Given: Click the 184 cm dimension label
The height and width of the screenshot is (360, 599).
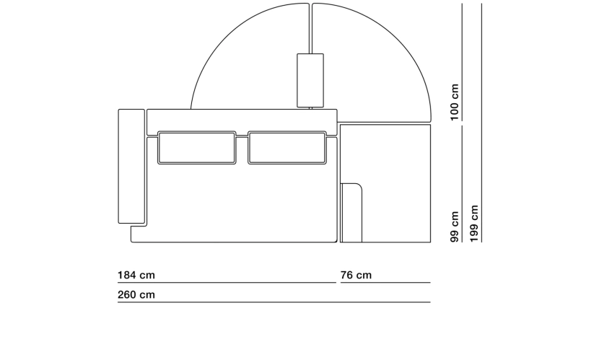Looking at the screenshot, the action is click(x=136, y=276).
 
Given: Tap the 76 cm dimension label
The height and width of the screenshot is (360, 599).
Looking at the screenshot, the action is click(x=356, y=276).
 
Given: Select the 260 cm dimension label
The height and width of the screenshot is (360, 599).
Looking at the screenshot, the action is click(x=136, y=295).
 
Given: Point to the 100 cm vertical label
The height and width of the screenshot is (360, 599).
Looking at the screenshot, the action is click(x=454, y=102).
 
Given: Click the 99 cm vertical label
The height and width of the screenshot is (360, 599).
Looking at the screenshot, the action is click(x=454, y=227).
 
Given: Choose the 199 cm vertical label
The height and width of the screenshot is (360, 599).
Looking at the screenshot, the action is click(x=474, y=224).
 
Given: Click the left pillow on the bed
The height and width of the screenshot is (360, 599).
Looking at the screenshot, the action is click(x=197, y=148).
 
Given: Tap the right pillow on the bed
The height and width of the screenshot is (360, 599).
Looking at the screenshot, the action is click(x=287, y=148).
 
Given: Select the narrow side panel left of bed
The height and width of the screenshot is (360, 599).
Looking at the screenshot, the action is click(x=131, y=166).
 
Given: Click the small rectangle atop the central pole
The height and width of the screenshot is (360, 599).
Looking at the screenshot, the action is click(x=310, y=80).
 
